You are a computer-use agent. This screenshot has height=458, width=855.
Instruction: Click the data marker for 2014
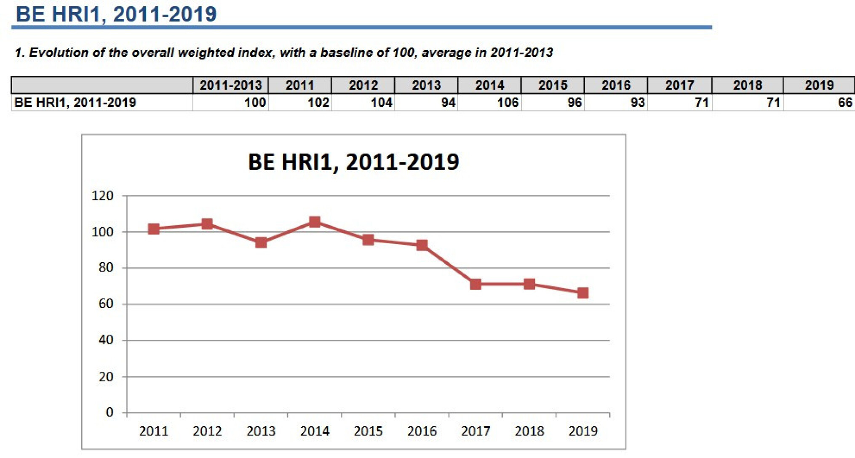315,222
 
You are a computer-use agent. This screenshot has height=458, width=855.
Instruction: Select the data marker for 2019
583,293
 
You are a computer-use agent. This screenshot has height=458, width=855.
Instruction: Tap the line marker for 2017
476,284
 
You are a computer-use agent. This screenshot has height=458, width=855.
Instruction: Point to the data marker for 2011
154,229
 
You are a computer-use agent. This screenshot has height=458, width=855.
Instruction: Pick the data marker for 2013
261,242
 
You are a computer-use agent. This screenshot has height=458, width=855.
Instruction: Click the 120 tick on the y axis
103,196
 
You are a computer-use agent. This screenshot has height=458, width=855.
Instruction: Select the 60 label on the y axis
106,304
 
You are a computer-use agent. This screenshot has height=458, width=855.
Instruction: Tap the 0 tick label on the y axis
110,412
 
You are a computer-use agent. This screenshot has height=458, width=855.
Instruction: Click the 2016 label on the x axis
422,431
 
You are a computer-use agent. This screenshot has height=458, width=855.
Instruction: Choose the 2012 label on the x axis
207,431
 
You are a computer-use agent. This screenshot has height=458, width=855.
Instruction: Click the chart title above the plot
353,162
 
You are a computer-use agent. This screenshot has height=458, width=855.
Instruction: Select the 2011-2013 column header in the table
230,85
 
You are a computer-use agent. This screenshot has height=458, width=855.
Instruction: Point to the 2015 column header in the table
553,85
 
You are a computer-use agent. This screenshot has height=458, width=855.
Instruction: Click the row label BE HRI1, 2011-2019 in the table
75,103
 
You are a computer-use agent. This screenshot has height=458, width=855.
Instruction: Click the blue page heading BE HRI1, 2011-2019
116,14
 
